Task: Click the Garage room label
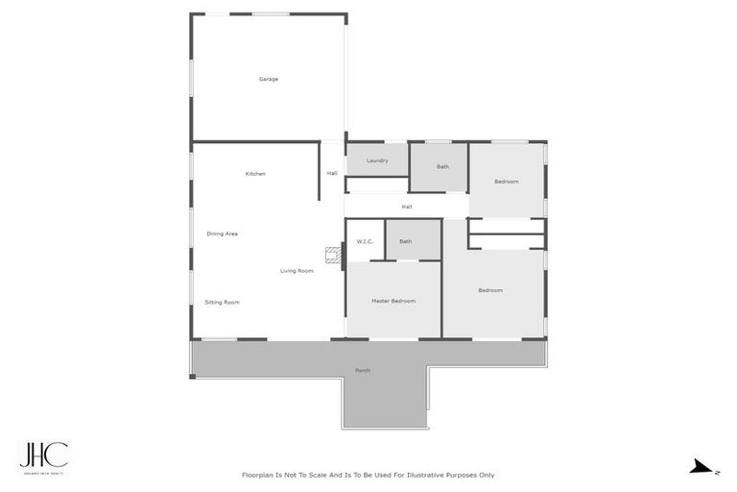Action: click(x=269, y=79)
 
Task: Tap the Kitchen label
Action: click(x=255, y=174)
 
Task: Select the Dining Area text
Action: click(x=223, y=234)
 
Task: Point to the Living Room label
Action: click(x=297, y=271)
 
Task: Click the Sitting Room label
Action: click(x=222, y=303)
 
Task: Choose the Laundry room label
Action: click(x=377, y=160)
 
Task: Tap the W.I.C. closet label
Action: click(x=365, y=241)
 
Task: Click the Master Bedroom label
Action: click(x=393, y=301)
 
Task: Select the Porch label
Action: click(x=363, y=370)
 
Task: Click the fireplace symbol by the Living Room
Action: click(x=333, y=255)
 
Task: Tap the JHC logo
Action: click(x=44, y=455)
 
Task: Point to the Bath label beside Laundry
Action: click(x=442, y=167)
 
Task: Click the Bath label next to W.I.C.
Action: click(x=406, y=241)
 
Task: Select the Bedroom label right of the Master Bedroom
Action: click(x=490, y=290)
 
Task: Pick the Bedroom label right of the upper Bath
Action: click(x=507, y=182)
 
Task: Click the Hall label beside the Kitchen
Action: click(x=332, y=174)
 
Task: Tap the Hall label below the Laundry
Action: click(x=407, y=207)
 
